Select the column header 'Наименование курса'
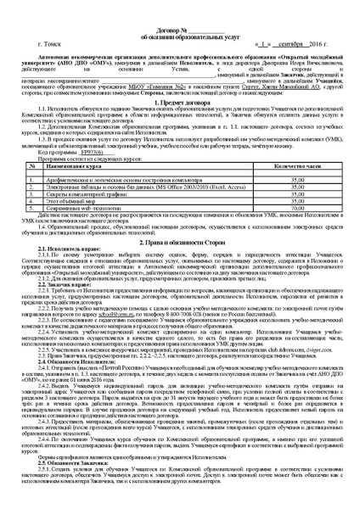click(x=86, y=193)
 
